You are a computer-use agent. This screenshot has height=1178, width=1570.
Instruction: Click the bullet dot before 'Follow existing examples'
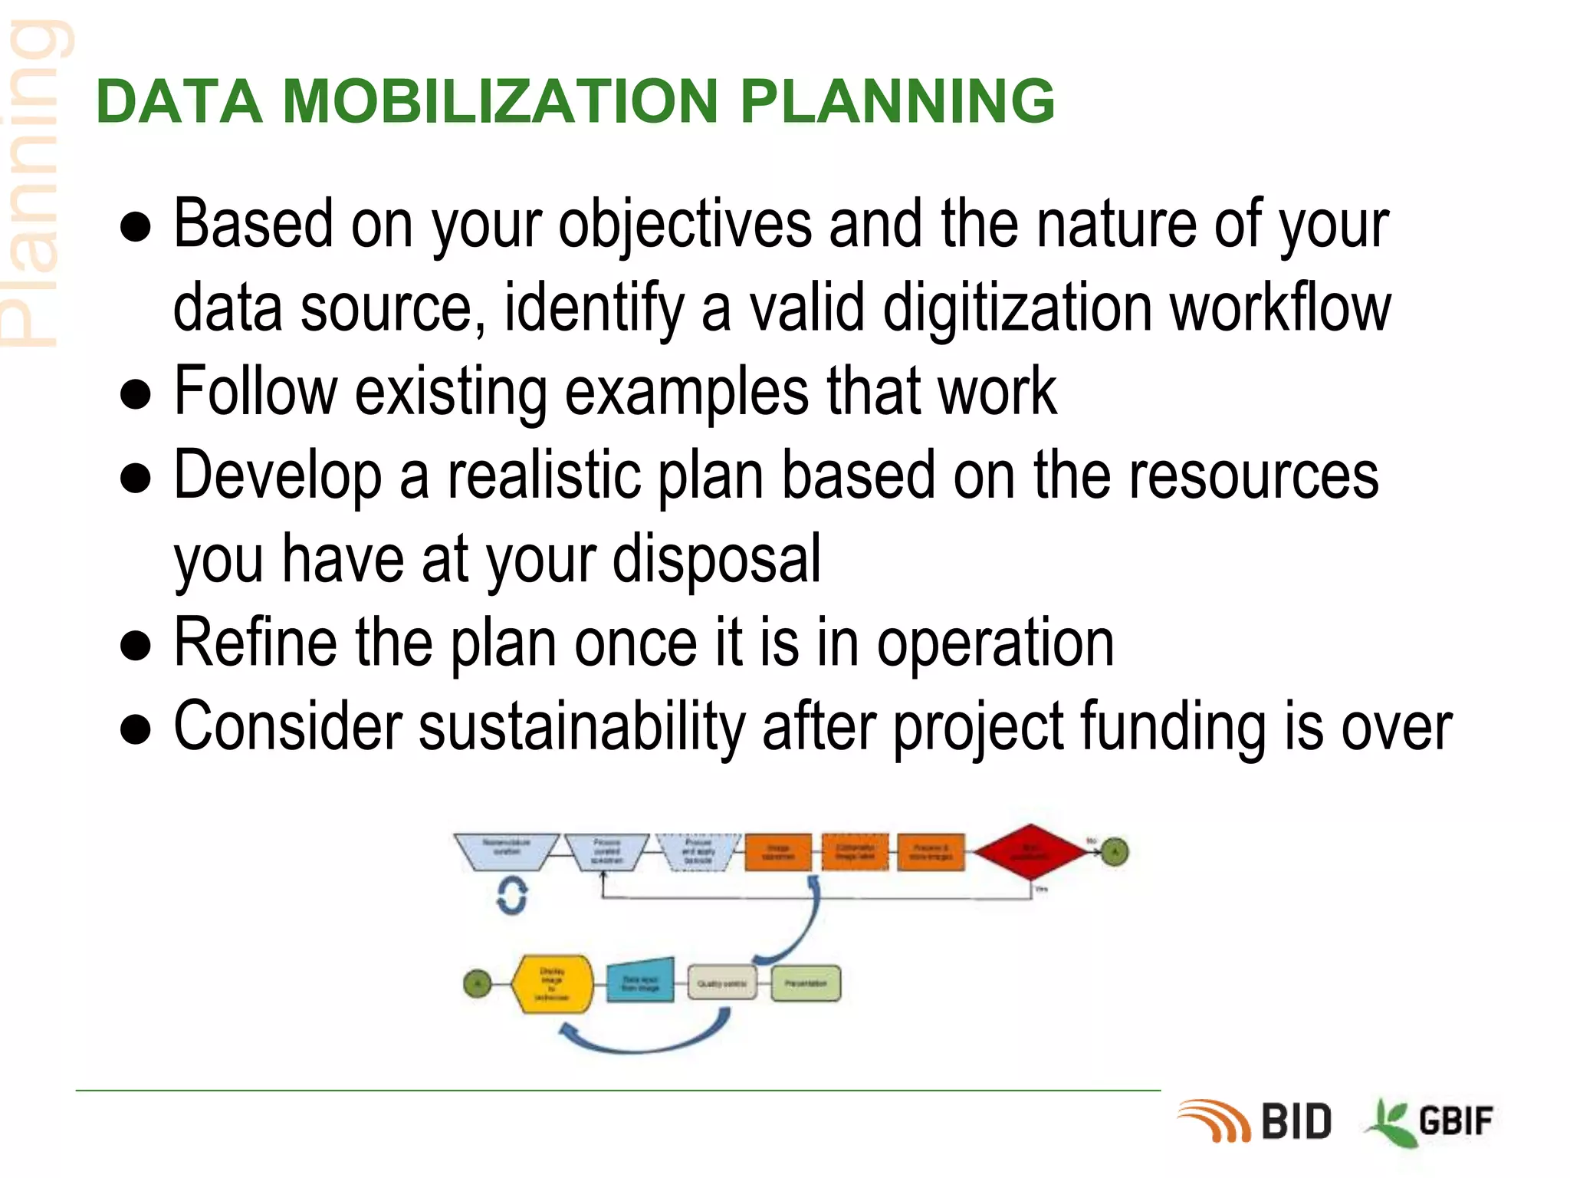[x=136, y=394]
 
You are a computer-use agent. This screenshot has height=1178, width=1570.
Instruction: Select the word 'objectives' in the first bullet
[x=685, y=224]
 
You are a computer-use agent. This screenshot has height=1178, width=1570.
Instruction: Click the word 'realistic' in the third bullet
[x=544, y=476]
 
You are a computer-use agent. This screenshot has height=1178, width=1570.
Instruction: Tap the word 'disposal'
[x=716, y=559]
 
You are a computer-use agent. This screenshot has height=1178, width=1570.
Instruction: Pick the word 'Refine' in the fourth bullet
[x=255, y=643]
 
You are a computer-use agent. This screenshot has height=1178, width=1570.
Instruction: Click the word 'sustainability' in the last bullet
[x=582, y=726]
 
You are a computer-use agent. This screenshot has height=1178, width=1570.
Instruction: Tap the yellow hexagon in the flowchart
[x=552, y=984]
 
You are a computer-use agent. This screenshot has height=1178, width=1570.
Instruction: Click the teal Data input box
[x=640, y=982]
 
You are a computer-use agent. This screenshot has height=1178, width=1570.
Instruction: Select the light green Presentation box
[x=806, y=983]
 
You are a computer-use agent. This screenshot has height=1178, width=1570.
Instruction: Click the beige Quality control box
[x=721, y=983]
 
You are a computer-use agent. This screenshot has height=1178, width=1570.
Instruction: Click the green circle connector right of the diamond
[x=1115, y=851]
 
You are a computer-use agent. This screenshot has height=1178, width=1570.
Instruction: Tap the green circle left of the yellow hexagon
[x=478, y=983]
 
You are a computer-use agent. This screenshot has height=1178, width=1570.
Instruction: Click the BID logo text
[x=1296, y=1122]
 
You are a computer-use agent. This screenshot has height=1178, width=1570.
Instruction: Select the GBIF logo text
[x=1455, y=1121]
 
